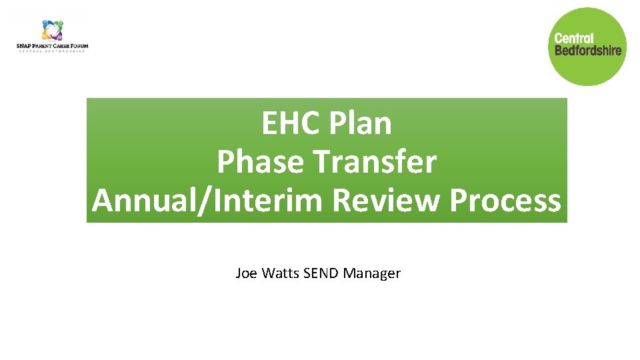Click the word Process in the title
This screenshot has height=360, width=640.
pyautogui.click(x=505, y=201)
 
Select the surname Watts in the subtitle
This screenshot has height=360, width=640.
pyautogui.click(x=279, y=273)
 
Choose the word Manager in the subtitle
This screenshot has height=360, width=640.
pyautogui.click(x=372, y=273)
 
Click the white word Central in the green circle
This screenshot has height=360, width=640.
pyautogui.click(x=574, y=39)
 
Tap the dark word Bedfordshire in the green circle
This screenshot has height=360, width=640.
pyautogui.click(x=587, y=50)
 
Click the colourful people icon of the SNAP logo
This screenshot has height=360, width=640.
pyautogui.click(x=52, y=30)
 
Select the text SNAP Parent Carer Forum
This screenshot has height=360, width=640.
pyautogui.click(x=52, y=46)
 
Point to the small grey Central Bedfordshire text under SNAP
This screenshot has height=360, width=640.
pyautogui.click(x=52, y=51)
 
